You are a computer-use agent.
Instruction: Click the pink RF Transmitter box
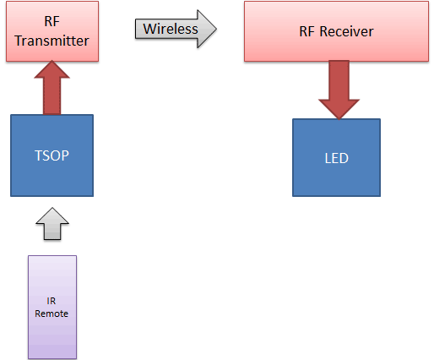click(52, 31)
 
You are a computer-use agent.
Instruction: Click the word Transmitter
click(52, 40)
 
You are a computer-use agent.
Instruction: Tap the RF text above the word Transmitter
click(52, 23)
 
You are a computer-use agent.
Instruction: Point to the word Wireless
click(170, 30)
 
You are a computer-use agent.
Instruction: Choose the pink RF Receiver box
click(336, 31)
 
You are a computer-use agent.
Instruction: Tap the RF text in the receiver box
click(309, 32)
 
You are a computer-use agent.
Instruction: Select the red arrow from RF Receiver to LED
click(339, 89)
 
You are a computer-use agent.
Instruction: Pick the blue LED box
click(336, 157)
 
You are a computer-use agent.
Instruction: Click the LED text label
click(336, 158)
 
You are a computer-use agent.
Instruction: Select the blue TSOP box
click(52, 155)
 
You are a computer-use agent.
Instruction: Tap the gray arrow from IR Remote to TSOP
click(52, 225)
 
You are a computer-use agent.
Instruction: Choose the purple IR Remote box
click(52, 306)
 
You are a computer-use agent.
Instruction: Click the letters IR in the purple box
click(52, 300)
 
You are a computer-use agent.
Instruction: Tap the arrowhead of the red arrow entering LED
click(339, 108)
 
